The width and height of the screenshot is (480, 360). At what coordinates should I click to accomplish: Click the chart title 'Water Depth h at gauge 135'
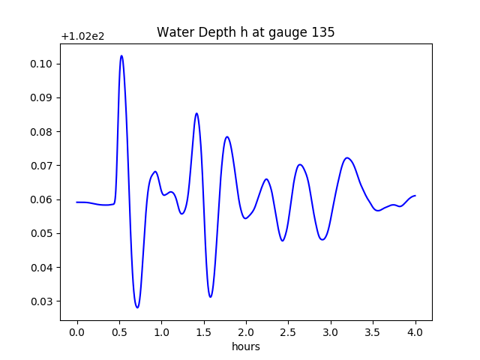pos(245,33)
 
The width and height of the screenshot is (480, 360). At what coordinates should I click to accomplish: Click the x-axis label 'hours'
pos(245,346)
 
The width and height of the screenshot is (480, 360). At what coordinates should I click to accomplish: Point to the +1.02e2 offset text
pos(84,36)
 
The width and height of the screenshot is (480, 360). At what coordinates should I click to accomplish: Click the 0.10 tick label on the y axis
pos(40,64)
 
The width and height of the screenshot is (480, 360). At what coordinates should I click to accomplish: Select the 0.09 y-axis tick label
pos(40,97)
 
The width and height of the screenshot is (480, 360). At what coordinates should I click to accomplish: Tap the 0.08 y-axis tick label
pos(40,132)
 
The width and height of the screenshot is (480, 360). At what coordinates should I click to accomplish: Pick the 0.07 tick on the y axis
pos(40,166)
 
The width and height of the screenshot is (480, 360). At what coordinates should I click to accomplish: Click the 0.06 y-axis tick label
pos(40,199)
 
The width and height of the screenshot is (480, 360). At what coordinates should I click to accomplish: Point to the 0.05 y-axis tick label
pos(40,233)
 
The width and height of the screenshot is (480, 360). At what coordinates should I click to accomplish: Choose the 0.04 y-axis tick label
pos(40,268)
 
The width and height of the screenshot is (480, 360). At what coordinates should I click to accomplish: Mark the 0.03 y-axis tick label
pos(40,301)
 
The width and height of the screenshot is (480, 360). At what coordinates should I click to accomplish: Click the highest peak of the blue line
pos(121,55)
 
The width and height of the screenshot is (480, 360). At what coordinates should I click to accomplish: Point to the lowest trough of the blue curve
pos(137,307)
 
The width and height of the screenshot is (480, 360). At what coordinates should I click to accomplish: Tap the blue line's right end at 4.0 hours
pos(415,196)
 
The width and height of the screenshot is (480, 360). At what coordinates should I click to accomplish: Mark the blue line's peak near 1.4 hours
pos(196,113)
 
